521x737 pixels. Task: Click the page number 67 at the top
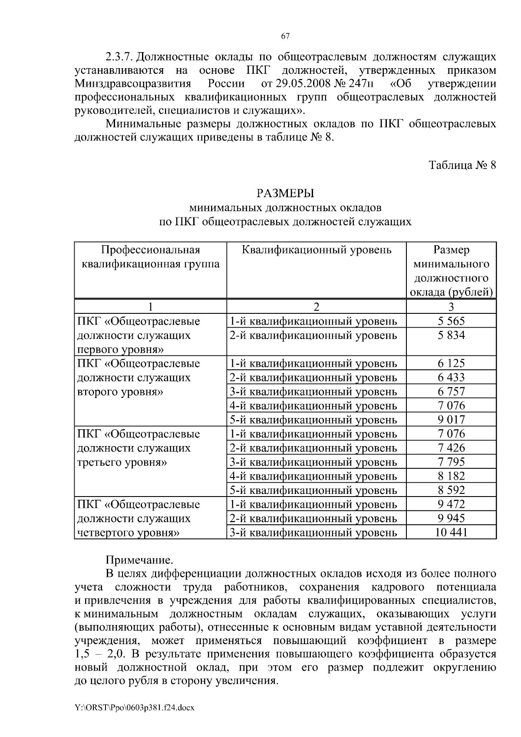(285, 36)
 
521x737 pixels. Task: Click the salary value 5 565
(451, 321)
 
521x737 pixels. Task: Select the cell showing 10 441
(451, 532)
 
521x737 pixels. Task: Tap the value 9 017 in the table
(451, 420)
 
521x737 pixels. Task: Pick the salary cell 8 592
(451, 490)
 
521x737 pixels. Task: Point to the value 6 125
(451, 363)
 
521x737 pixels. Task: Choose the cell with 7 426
(451, 447)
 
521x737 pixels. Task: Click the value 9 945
(451, 518)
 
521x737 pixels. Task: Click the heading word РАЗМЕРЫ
(285, 193)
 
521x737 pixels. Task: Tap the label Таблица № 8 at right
(462, 165)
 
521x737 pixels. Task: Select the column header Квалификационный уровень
(316, 250)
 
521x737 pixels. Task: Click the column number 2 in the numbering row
(316, 307)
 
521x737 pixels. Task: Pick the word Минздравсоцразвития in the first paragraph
(132, 83)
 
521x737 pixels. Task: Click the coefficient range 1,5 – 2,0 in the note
(100, 655)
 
